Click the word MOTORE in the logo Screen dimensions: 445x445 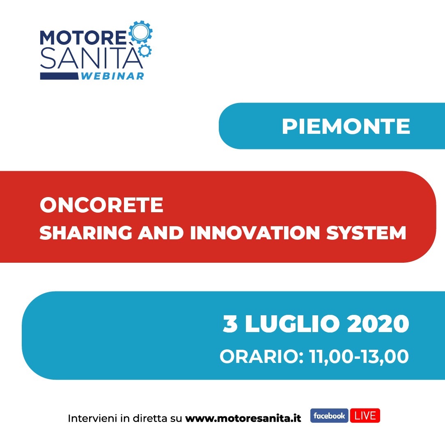(x=83, y=38)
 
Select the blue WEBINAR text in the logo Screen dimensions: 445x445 (x=112, y=76)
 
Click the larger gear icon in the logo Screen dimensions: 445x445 (x=140, y=32)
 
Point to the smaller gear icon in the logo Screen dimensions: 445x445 (x=145, y=50)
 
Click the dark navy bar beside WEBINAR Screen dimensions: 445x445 (x=59, y=76)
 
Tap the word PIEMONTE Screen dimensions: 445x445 (x=346, y=126)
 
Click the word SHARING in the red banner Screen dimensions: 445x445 (x=86, y=233)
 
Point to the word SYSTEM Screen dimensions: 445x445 (x=366, y=233)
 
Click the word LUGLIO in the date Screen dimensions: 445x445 (x=292, y=323)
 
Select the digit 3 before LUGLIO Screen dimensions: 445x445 (x=230, y=323)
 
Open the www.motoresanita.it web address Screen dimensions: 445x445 (x=243, y=418)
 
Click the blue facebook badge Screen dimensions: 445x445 (x=329, y=416)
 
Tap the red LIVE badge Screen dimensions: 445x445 (x=365, y=416)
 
